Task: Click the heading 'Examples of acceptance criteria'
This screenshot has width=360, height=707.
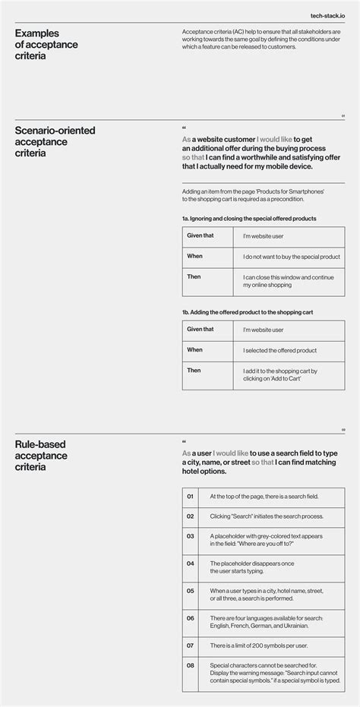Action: click(x=46, y=44)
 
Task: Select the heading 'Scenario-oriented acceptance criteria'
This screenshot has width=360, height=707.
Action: click(x=55, y=141)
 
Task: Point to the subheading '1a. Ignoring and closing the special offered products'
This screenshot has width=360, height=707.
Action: click(x=249, y=219)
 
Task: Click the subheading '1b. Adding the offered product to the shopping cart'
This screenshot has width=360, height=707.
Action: click(x=248, y=312)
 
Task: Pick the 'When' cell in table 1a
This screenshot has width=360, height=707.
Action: click(x=195, y=256)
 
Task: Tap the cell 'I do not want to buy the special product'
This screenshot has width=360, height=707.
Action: click(x=291, y=257)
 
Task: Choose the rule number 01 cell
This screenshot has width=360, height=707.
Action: click(x=191, y=497)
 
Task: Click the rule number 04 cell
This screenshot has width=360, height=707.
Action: click(x=191, y=563)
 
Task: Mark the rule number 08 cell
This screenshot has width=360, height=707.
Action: click(x=191, y=665)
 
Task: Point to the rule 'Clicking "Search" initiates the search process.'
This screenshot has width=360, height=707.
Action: click(x=266, y=516)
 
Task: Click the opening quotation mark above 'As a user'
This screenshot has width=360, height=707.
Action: click(x=185, y=442)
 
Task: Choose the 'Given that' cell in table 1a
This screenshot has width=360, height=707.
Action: click(x=201, y=235)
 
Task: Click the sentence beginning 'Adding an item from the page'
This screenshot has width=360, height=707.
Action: click(x=253, y=196)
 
